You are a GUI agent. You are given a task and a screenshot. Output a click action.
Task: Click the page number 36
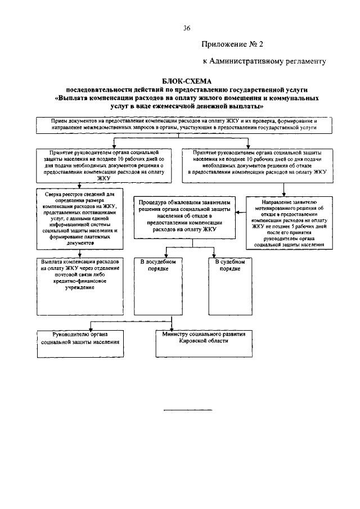point(187,29)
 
